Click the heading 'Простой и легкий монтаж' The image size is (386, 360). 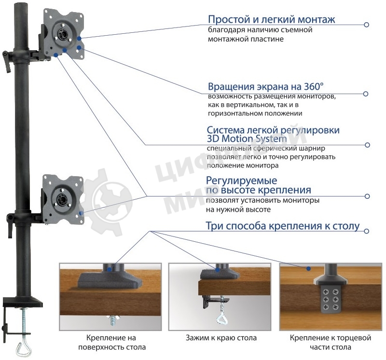pos(271,20)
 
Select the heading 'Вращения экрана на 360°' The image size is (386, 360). pos(266,87)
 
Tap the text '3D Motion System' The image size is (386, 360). pos(247,139)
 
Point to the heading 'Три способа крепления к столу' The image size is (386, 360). pos(283,226)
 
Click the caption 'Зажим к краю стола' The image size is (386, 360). pos(221,338)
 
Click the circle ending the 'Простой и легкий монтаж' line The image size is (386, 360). pos(367,25)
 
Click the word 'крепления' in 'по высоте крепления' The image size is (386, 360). pos(283,190)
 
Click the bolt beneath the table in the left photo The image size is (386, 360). pos(114,319)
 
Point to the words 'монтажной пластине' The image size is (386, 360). pos(246,39)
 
